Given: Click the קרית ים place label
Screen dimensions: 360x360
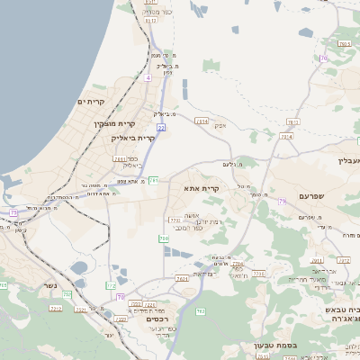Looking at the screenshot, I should point(92,102).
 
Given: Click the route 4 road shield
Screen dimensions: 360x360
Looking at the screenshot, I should point(148,78).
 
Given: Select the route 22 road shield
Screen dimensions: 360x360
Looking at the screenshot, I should point(161,128).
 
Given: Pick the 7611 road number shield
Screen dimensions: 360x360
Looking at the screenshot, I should point(120,158).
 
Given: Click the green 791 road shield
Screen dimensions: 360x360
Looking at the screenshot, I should point(153,181).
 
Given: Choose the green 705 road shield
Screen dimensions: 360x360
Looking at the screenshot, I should point(163,238).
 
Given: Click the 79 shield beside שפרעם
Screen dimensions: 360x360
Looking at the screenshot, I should point(282,202).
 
